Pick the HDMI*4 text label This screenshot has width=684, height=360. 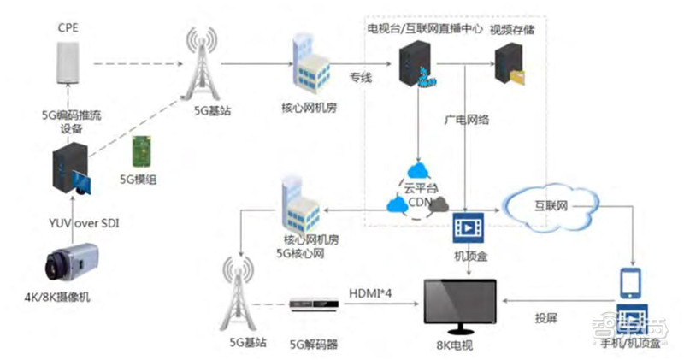(x=369, y=292)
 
